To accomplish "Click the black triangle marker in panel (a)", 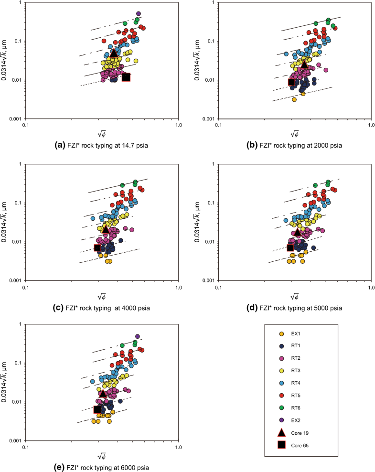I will pyautogui.click(x=114, y=53).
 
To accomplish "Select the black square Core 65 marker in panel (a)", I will pyautogui.click(x=126, y=77).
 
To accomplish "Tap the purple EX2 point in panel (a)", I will pyautogui.click(x=139, y=14).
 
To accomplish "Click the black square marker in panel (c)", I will pyautogui.click(x=97, y=247).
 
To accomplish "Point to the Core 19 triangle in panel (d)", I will pyautogui.click(x=298, y=232).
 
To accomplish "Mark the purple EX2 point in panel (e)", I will pyautogui.click(x=138, y=336).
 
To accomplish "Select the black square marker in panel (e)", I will pyautogui.click(x=97, y=409).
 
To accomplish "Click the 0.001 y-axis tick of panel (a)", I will pyautogui.click(x=16, y=118).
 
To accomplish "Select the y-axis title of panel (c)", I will pyautogui.click(x=7, y=222).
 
